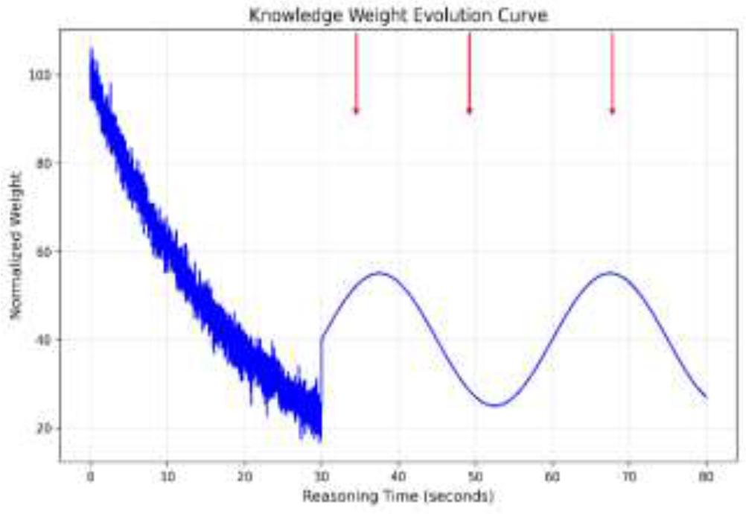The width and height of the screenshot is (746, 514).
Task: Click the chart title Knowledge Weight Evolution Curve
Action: pyautogui.click(x=398, y=15)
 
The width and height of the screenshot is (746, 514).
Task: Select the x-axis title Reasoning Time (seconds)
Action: pyautogui.click(x=398, y=495)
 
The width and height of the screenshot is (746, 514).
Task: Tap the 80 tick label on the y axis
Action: pyautogui.click(x=45, y=163)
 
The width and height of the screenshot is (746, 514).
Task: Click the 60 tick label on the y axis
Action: pyautogui.click(x=45, y=252)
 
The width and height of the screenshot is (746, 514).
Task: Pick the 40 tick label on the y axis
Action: pyautogui.click(x=45, y=340)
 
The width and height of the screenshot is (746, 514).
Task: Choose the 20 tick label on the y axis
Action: pyautogui.click(x=45, y=428)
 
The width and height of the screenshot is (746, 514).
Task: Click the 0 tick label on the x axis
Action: pyautogui.click(x=90, y=475)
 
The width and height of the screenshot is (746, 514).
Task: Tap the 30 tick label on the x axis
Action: pyautogui.click(x=321, y=475)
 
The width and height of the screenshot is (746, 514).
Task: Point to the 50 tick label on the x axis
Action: pyautogui.click(x=475, y=475)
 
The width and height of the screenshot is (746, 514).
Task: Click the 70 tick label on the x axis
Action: pyautogui.click(x=629, y=475)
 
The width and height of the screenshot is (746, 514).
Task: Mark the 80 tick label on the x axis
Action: pyautogui.click(x=706, y=475)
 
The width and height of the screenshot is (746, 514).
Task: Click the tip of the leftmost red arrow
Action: pyautogui.click(x=356, y=114)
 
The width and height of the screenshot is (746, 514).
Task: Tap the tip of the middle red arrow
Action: pyautogui.click(x=469, y=114)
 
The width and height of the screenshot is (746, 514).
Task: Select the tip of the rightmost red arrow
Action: pyautogui.click(x=612, y=114)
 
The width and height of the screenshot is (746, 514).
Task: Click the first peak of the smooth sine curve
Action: pyautogui.click(x=380, y=273)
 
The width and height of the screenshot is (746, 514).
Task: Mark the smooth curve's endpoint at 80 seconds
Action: pyautogui.click(x=706, y=398)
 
